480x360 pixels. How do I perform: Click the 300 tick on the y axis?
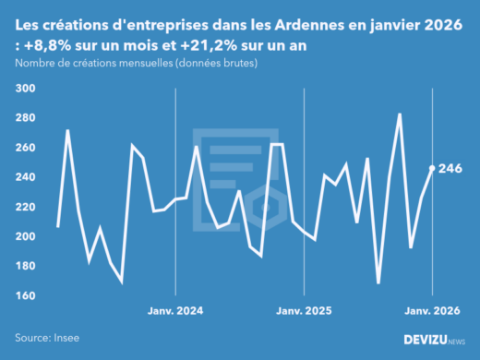click(24, 89)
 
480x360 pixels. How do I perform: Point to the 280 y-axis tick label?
click(24, 118)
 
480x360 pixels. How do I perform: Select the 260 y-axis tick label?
click(24, 148)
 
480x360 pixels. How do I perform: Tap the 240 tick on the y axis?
click(24, 177)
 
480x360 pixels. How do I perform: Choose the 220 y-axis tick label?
click(24, 207)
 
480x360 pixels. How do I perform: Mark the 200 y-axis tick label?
click(24, 236)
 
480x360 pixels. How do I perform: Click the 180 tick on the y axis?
click(24, 266)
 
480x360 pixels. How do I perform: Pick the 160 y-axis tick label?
click(24, 295)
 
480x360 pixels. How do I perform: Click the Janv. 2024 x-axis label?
click(175, 311)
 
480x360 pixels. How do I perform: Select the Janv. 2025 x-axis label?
click(305, 311)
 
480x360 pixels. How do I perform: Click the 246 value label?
click(451, 168)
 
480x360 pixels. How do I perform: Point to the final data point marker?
click(433, 168)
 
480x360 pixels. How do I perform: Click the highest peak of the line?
click(400, 114)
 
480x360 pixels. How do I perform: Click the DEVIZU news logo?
click(435, 340)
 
